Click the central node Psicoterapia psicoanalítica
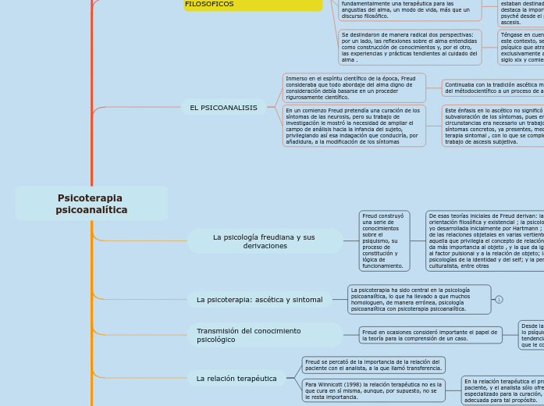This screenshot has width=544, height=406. tap(91, 204)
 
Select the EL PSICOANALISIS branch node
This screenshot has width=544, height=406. tap(223, 108)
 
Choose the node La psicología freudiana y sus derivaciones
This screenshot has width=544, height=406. tap(264, 241)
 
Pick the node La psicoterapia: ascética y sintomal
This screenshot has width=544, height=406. tap(259, 299)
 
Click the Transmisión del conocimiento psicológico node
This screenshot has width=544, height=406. tap(264, 335)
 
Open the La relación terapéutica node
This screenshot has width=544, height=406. tap(236, 379)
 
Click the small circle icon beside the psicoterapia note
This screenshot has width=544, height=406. tap(499, 299)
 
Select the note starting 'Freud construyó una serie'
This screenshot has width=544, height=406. tap(384, 240)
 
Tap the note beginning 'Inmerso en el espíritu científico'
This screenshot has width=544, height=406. tap(354, 88)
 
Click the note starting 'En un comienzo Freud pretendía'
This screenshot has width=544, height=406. tap(354, 126)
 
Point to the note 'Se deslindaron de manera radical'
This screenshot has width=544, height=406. tap(410, 47)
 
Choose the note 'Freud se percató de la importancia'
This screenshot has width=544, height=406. tap(373, 365)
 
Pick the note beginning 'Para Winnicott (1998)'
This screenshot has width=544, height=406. tap(373, 390)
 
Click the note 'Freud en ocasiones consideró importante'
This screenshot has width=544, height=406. tap(430, 335)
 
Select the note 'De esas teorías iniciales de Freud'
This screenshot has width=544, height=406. tap(485, 240)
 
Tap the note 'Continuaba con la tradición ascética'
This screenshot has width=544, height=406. tap(492, 87)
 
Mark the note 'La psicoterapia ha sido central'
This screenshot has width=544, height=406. tap(419, 299)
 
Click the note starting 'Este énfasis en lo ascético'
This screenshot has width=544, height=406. tap(492, 126)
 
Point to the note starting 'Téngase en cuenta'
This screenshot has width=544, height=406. tap(521, 47)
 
